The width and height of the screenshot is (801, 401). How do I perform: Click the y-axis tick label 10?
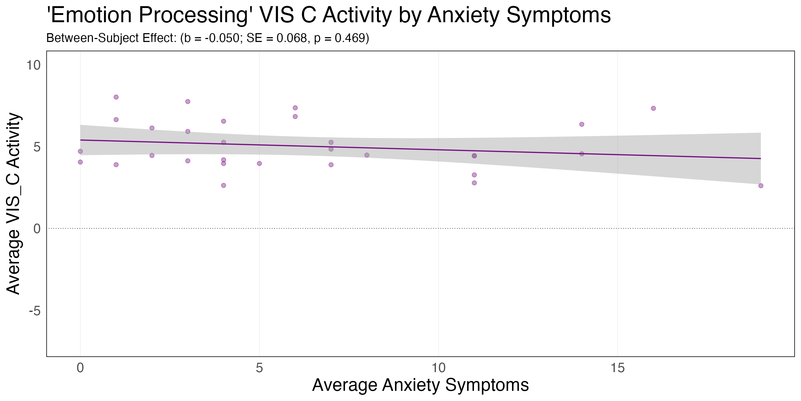(x=33, y=65)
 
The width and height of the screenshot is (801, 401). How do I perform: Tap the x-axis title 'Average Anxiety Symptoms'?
(x=421, y=385)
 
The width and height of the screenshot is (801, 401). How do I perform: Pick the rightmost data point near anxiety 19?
(x=761, y=186)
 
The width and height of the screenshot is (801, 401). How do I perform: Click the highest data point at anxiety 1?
(x=116, y=97)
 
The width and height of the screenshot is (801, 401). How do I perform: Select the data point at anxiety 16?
(x=653, y=108)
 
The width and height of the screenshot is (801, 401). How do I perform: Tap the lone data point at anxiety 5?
(x=259, y=163)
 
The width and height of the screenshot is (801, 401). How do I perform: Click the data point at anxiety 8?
(x=367, y=155)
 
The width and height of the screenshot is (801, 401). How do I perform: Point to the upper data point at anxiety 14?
(x=582, y=124)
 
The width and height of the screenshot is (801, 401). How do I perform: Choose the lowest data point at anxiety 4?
(x=223, y=186)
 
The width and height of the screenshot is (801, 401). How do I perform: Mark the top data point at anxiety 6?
(x=295, y=108)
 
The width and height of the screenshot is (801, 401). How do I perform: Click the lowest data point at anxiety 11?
(x=474, y=183)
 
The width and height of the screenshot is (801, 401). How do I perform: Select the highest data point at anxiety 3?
(x=187, y=102)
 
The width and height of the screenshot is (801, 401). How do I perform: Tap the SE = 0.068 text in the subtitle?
(x=277, y=38)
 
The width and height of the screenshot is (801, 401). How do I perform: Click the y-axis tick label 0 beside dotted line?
(x=37, y=229)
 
